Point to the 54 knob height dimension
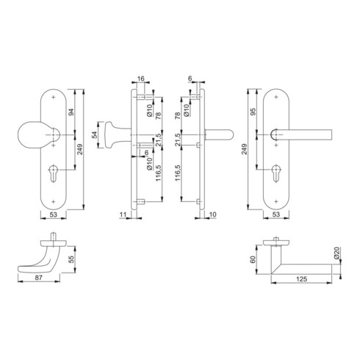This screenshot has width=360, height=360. (x=93, y=136)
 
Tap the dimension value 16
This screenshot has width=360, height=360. (x=141, y=76)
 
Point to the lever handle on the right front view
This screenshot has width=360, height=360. (x=309, y=134)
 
